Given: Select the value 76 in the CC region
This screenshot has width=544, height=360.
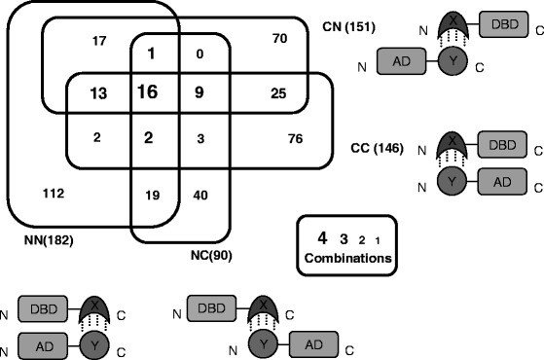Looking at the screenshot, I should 296,138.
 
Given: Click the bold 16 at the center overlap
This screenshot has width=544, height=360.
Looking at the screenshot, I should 148,93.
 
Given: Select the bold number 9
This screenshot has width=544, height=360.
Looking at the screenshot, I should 199,93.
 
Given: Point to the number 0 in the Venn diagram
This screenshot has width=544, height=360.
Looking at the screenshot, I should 199,54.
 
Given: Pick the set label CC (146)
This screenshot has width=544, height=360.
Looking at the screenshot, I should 375,149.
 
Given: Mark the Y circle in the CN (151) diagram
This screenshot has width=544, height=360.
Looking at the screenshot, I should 449,63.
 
